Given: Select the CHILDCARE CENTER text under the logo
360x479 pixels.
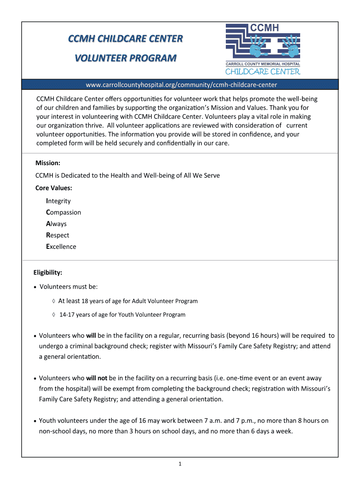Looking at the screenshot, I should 263,72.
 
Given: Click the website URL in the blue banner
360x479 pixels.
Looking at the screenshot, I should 181,85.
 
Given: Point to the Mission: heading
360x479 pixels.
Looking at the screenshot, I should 48,163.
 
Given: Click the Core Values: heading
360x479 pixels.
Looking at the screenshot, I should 54,188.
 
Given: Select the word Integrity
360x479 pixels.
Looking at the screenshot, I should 58,201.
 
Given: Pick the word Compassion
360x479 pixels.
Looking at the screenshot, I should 64,212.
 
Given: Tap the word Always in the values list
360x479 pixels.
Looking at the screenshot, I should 57,224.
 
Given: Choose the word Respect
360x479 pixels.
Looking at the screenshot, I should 58,235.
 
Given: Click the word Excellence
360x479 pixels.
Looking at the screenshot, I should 61,247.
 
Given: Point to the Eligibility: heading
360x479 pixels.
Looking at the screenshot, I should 48,272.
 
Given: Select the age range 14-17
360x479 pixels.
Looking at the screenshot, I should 67,315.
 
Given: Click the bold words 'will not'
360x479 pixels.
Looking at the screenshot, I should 96,378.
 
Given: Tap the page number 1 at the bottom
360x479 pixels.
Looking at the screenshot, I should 180,464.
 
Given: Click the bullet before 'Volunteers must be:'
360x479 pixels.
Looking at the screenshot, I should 36,287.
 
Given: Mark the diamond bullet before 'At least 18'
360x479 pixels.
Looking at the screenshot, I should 54,301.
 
